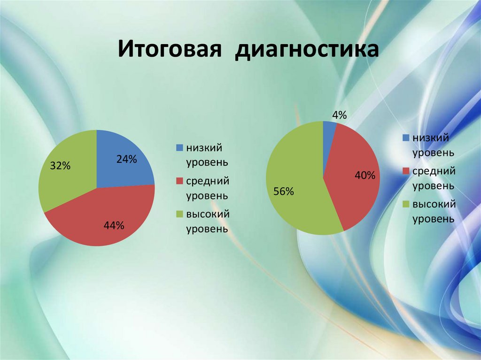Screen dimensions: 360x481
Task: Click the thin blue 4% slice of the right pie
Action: [x=329, y=126]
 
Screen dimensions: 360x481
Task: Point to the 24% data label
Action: [x=127, y=160]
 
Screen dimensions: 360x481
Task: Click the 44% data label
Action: [x=114, y=226]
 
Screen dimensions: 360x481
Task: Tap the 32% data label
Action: [x=60, y=166]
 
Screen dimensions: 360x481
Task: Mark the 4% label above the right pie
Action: [x=339, y=115]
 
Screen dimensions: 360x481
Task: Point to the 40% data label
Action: [x=365, y=176]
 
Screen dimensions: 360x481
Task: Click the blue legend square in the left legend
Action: [x=179, y=148]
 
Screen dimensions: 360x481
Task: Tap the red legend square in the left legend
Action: [x=179, y=181]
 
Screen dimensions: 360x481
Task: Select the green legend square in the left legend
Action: [x=179, y=214]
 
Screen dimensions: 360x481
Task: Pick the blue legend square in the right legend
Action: [x=405, y=138]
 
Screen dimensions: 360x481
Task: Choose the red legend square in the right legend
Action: [x=405, y=171]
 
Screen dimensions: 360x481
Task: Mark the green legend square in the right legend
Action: [x=405, y=204]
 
